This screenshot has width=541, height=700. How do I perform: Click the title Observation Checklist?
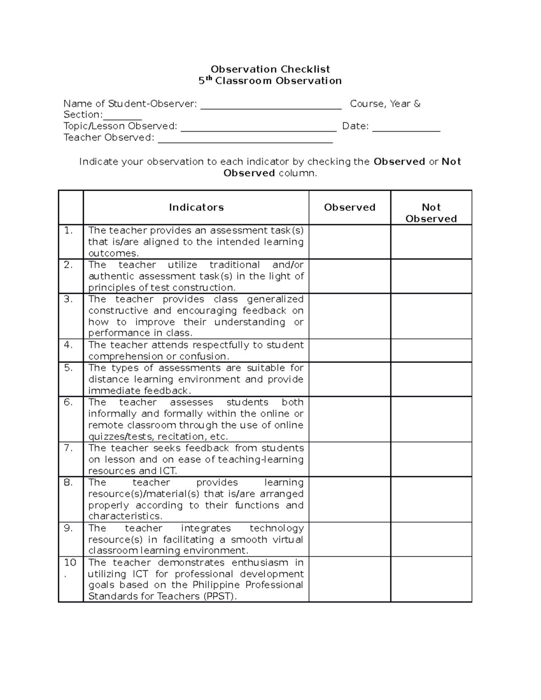pos(270,69)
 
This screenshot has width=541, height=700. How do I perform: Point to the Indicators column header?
pos(196,207)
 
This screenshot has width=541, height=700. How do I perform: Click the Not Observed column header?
pos(431,213)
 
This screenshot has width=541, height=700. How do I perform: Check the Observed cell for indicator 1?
pos(349,242)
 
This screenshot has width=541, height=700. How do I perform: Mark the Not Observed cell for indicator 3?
pos(431,316)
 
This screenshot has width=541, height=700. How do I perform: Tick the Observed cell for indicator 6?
pos(349,419)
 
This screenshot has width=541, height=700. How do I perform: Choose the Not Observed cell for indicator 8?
pos(431,499)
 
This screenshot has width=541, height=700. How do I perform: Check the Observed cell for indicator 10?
pos(349,579)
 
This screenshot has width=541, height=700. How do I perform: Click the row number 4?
pos(69,345)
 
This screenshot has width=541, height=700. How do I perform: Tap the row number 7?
pos(69,448)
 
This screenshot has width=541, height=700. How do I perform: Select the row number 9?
pos(69,528)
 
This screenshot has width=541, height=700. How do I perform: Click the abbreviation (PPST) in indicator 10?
pos(220,596)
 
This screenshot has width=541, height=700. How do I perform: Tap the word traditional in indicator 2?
pos(234,265)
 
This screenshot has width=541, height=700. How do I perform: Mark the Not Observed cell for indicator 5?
pos(431,379)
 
